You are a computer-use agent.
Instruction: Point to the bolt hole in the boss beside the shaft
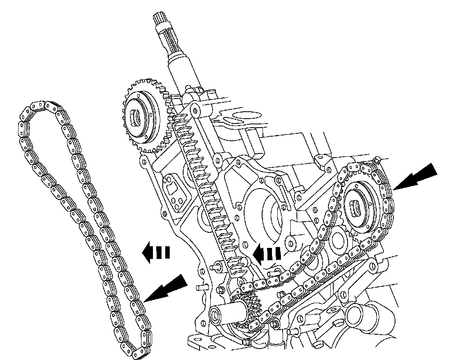click(196, 110)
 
